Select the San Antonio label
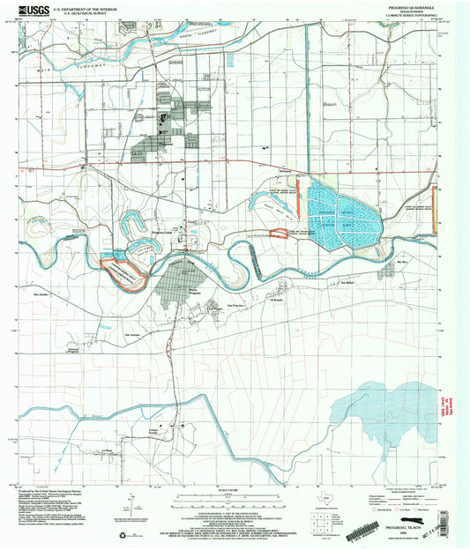pyautogui.click(x=133, y=335)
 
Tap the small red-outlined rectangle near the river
pyautogui.click(x=279, y=234)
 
